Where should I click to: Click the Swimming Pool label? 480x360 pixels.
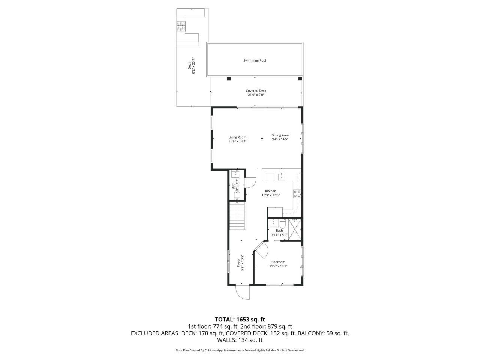tap(255, 60)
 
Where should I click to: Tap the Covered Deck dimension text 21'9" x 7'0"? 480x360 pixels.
tap(256, 95)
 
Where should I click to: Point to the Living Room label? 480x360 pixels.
tap(237, 137)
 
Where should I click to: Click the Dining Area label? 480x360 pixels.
tap(280, 135)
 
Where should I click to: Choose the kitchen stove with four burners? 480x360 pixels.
tap(297, 194)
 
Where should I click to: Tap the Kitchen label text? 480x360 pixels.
tap(271, 191)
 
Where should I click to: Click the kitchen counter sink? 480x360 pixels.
tap(282, 176)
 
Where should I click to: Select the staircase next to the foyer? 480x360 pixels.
tap(237, 216)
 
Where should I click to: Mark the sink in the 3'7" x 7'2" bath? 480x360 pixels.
tap(236, 174)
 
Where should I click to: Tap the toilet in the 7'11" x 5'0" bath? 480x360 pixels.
tap(283, 224)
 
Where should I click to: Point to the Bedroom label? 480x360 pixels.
tap(278, 262)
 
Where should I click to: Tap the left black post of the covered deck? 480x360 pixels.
tap(228, 79)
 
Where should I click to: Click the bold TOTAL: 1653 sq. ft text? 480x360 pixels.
tap(240, 319)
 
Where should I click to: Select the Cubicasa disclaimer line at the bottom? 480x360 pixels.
tap(240, 350)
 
